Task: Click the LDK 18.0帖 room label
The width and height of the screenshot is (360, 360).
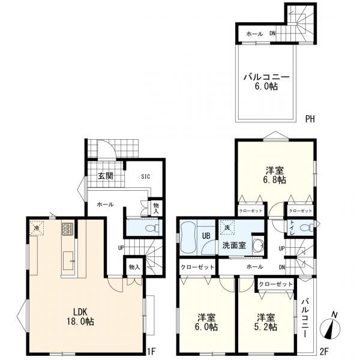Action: (x=80, y=317)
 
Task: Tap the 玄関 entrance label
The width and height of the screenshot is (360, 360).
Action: (x=106, y=176)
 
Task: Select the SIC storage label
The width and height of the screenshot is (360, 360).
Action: (x=146, y=176)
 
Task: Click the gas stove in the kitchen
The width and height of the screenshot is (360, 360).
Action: (x=67, y=229)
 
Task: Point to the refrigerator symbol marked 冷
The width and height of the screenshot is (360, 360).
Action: (x=37, y=228)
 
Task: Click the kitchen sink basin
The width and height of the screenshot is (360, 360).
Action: (x=68, y=260)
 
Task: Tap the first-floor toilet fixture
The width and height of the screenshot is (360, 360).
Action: (x=152, y=228)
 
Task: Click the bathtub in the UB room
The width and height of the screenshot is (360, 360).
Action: (x=188, y=238)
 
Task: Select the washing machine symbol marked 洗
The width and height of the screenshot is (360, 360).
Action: (x=227, y=227)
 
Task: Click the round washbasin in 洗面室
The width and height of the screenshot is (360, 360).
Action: (x=259, y=245)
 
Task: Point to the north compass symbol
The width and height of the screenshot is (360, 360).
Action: (x=330, y=328)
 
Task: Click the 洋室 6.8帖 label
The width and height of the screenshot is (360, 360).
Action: (x=275, y=175)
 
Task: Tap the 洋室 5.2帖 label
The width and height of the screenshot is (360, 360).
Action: (x=266, y=322)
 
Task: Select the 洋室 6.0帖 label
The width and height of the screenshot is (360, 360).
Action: (x=206, y=322)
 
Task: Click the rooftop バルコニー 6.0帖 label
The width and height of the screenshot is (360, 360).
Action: (x=266, y=82)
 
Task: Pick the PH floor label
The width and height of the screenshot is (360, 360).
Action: (x=310, y=119)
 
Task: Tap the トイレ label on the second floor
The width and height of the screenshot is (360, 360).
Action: (x=292, y=227)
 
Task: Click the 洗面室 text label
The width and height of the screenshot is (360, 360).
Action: (x=234, y=245)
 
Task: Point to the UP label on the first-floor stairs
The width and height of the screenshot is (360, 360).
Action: (x=121, y=248)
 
